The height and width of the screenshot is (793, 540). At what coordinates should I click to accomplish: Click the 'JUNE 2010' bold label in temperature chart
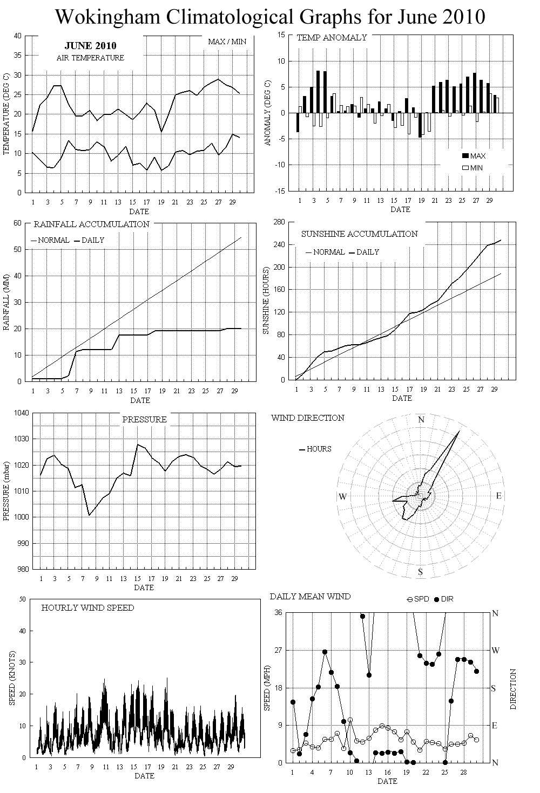(90, 46)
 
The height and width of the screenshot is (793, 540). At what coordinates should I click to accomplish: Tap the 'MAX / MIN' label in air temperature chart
(227, 42)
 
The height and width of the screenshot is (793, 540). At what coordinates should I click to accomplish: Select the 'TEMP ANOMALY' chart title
(332, 38)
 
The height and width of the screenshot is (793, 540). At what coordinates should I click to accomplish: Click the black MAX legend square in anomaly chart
(465, 156)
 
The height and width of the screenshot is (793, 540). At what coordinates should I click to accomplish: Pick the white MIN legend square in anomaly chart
(465, 168)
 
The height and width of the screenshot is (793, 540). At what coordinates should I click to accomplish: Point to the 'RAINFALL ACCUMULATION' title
(92, 224)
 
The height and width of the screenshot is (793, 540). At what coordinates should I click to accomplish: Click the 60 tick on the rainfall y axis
(17, 223)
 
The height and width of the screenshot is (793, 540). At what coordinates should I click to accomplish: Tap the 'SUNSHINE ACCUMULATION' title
(359, 234)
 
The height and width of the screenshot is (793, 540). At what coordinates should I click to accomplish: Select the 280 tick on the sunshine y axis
(280, 222)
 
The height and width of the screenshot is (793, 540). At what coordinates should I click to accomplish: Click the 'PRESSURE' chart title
(144, 419)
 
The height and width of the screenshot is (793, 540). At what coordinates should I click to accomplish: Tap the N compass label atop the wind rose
(422, 420)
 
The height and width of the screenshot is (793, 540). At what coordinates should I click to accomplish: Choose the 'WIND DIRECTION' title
(308, 418)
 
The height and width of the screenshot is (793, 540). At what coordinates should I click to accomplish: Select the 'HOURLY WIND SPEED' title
(87, 608)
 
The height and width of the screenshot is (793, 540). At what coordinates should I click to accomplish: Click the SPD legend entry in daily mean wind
(418, 599)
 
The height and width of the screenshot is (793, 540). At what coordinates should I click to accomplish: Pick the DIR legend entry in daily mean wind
(443, 599)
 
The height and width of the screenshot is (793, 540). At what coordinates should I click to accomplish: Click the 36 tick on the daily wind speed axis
(279, 613)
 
